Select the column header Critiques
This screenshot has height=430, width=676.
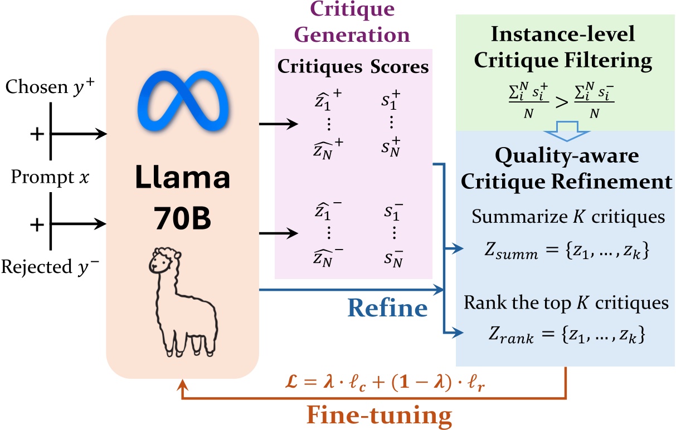pos(320,67)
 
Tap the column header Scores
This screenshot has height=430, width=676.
pos(401,67)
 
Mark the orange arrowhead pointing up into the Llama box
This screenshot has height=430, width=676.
pos(182,379)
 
